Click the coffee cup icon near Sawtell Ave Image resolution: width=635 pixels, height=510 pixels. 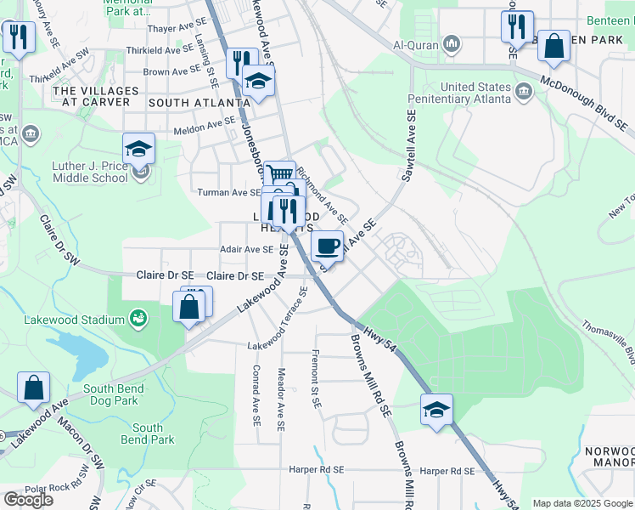pos(327,246)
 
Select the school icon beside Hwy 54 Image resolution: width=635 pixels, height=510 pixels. pos(436,410)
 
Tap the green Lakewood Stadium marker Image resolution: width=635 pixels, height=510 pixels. pos(138,320)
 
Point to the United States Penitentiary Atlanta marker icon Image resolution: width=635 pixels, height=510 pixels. pos(523,91)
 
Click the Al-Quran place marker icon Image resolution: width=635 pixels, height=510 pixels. pos(452,43)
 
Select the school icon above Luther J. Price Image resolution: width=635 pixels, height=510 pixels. pos(138,149)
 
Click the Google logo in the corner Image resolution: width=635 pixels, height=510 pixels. pos(28,499)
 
